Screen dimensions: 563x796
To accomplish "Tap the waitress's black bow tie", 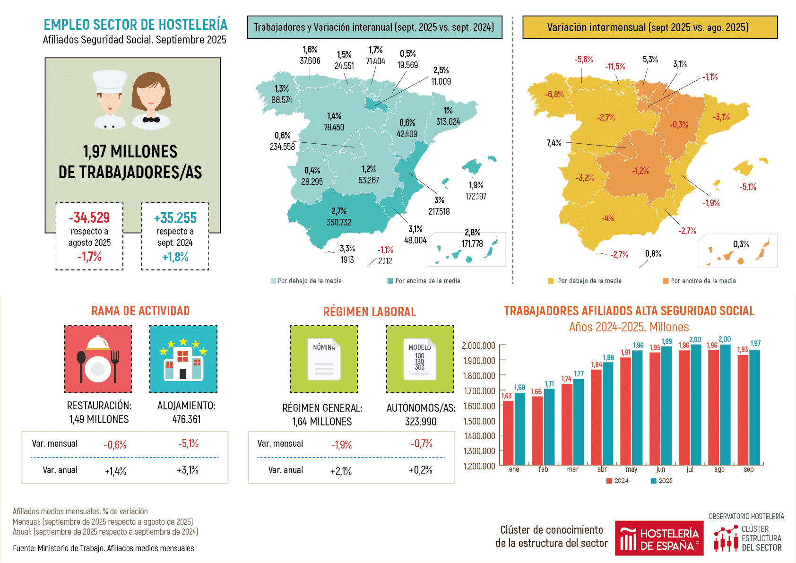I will (151, 120).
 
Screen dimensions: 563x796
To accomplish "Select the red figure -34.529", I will (89, 217).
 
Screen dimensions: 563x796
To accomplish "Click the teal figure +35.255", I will (175, 218).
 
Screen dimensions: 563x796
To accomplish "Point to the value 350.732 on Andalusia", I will (338, 222).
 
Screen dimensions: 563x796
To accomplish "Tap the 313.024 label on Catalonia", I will (448, 122).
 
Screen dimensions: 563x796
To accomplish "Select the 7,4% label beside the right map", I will (554, 143).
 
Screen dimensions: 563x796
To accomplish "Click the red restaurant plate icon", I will (98, 359).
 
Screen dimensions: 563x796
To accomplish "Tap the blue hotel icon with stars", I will (183, 359).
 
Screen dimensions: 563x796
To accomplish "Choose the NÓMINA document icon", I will (324, 359).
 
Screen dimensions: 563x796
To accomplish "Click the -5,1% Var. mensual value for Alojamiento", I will (188, 444).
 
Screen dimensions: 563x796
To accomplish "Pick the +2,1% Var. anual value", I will (341, 471).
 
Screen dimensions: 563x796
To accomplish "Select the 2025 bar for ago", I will (725, 404).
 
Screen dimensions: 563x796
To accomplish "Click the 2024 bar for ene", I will (508, 433).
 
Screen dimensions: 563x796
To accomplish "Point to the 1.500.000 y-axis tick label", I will (479, 421).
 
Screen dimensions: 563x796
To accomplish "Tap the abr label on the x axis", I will (602, 469).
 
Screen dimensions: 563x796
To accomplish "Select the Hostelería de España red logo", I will (659, 538).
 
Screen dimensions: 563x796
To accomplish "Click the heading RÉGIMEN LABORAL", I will (369, 312).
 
